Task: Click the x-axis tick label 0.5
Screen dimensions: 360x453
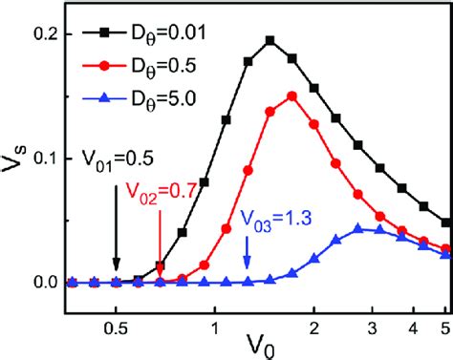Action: (x=116, y=309)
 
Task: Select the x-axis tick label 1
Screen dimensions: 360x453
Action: (x=215, y=309)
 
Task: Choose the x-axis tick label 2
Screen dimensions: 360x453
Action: (x=314, y=309)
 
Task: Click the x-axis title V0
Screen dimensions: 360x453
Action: (x=258, y=341)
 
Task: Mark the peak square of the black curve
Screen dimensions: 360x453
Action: (x=270, y=40)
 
